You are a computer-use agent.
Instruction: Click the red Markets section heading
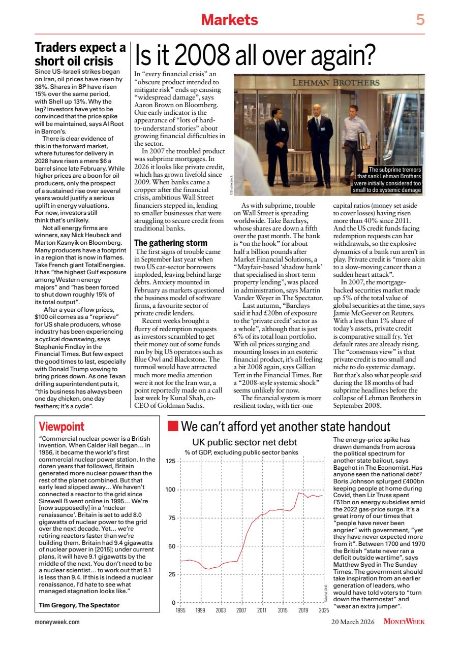pyautogui.click(x=229, y=20)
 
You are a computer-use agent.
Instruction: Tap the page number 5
pyautogui.click(x=420, y=20)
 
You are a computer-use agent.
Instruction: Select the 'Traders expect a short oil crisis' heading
pyautogui.click(x=80, y=54)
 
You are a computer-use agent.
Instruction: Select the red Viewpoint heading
pyautogui.click(x=62, y=426)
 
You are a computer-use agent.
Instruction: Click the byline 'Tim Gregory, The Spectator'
pyautogui.click(x=79, y=605)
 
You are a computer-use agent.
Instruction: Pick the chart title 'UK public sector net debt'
pyautogui.click(x=244, y=442)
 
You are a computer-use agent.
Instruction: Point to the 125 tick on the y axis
pyautogui.click(x=170, y=461)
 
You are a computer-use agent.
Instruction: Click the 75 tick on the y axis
pyautogui.click(x=172, y=518)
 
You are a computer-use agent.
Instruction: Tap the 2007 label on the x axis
pyautogui.click(x=241, y=610)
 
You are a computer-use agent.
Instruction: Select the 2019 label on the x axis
pyautogui.click(x=303, y=610)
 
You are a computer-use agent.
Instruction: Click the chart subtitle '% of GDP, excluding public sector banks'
pyautogui.click(x=241, y=452)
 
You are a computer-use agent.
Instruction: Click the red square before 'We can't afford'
pyautogui.click(x=173, y=426)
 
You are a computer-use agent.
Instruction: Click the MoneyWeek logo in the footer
pyautogui.click(x=404, y=621)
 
